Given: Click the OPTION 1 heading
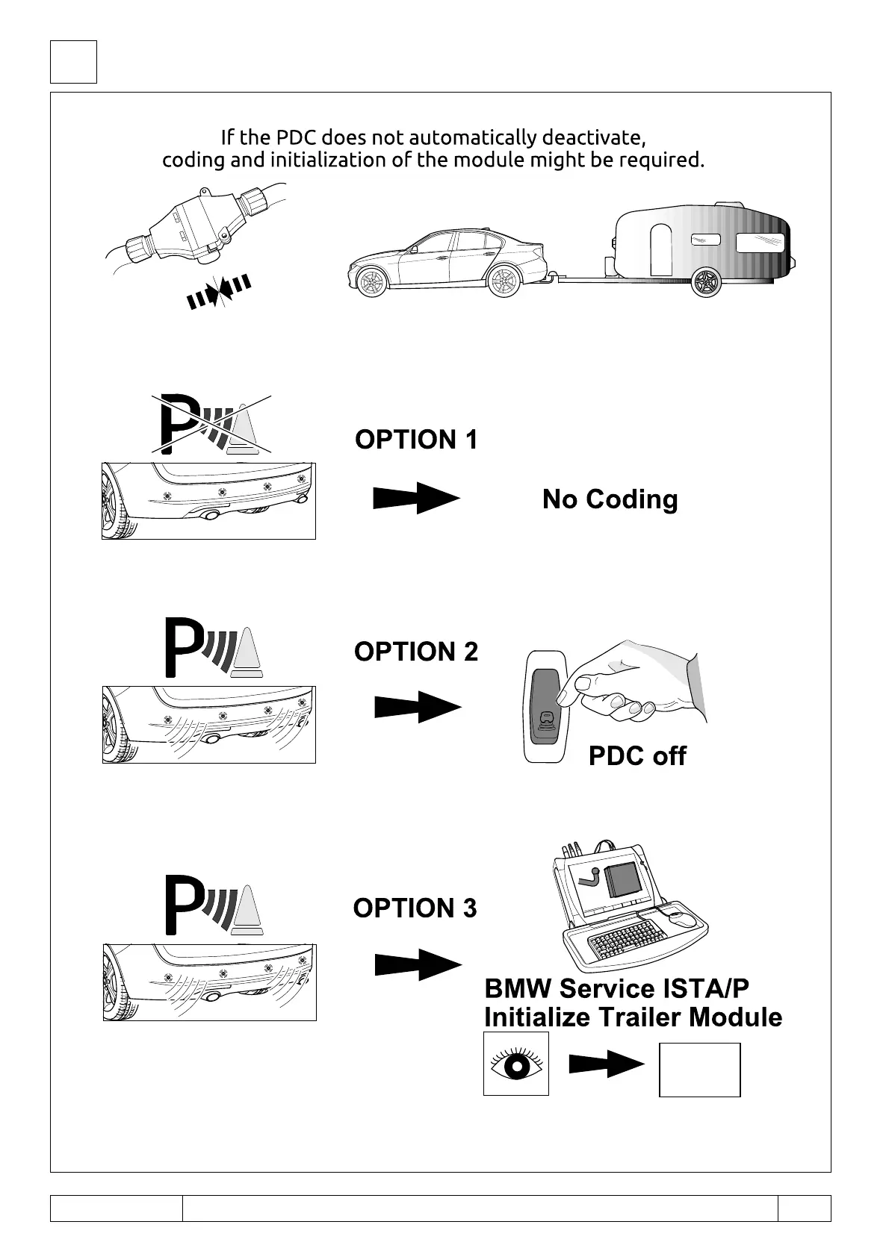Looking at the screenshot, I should tap(416, 440).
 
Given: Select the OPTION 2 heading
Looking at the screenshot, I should tap(416, 652).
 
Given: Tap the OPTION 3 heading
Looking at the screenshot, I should tap(415, 908).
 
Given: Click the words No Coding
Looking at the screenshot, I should tap(610, 499).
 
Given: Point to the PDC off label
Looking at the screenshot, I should tap(637, 756).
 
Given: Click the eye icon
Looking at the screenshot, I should tap(516, 1064).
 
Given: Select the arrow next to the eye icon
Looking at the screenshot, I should tap(606, 1064).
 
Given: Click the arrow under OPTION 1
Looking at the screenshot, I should tap(416, 498).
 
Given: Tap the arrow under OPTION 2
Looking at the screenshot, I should tap(418, 706).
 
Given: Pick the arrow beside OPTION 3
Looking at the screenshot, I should tap(418, 964).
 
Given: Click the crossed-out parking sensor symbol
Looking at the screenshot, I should tap(211, 424).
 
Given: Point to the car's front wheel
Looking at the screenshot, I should tap(371, 282).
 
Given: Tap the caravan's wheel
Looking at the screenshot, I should tap(706, 281).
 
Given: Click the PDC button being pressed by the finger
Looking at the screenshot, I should tap(546, 705).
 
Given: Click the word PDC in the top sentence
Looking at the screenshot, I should tap(297, 138).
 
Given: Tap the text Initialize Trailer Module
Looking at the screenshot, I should tap(633, 1017).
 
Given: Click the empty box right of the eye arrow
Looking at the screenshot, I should tap(699, 1070).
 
